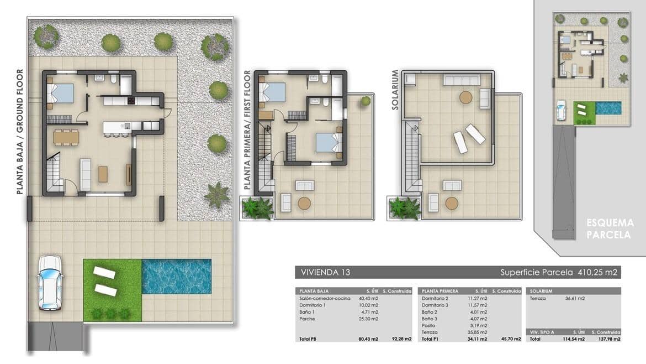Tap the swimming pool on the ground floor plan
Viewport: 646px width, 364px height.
[177, 277]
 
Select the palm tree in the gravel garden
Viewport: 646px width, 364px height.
[216, 195]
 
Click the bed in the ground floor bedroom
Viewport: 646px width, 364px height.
[60, 93]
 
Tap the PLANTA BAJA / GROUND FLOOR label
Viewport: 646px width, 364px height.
[20, 132]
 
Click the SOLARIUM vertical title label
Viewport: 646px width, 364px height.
[395, 90]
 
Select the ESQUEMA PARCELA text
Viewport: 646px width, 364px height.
[610, 228]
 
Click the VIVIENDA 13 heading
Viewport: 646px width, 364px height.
[325, 272]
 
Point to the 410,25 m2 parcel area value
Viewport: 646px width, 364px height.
[596, 272]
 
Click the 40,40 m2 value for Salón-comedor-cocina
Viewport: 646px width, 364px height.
[369, 299]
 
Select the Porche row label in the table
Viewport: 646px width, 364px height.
[307, 319]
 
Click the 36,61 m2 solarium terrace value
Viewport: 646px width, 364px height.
[574, 299]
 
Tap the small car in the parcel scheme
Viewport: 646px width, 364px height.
[562, 110]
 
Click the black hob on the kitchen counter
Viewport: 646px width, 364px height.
[131, 101]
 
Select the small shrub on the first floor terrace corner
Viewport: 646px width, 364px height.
[366, 101]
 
